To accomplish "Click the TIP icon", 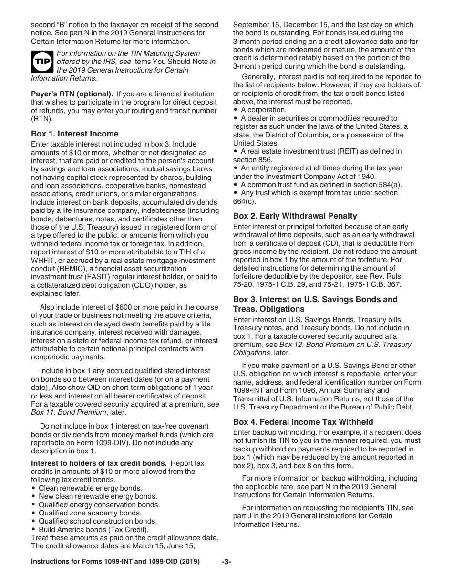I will (41, 62).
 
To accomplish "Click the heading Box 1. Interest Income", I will (74, 134).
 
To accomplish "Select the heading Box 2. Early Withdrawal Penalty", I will (295, 216).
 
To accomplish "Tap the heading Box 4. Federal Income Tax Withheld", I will (303, 422).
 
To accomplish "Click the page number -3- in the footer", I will (226, 562).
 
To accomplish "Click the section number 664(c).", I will (245, 201).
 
